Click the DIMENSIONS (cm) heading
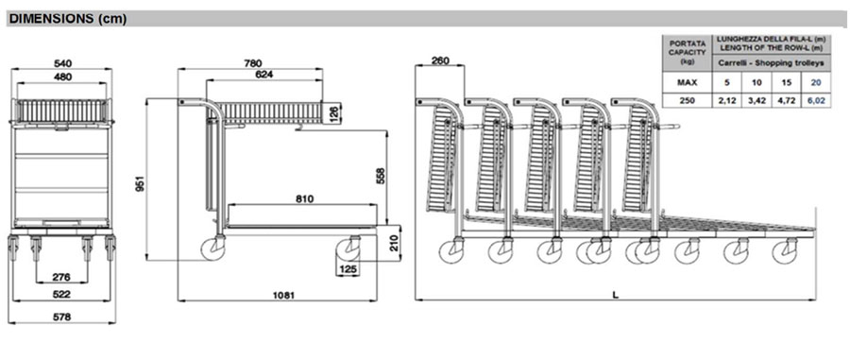(x=68, y=19)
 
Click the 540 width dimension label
(x=63, y=63)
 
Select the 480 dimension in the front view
(x=63, y=77)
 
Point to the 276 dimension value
(x=61, y=277)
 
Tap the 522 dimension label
(x=61, y=295)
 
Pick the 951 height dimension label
(x=141, y=184)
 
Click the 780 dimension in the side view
(x=252, y=63)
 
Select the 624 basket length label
(x=264, y=75)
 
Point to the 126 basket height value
(x=334, y=113)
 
